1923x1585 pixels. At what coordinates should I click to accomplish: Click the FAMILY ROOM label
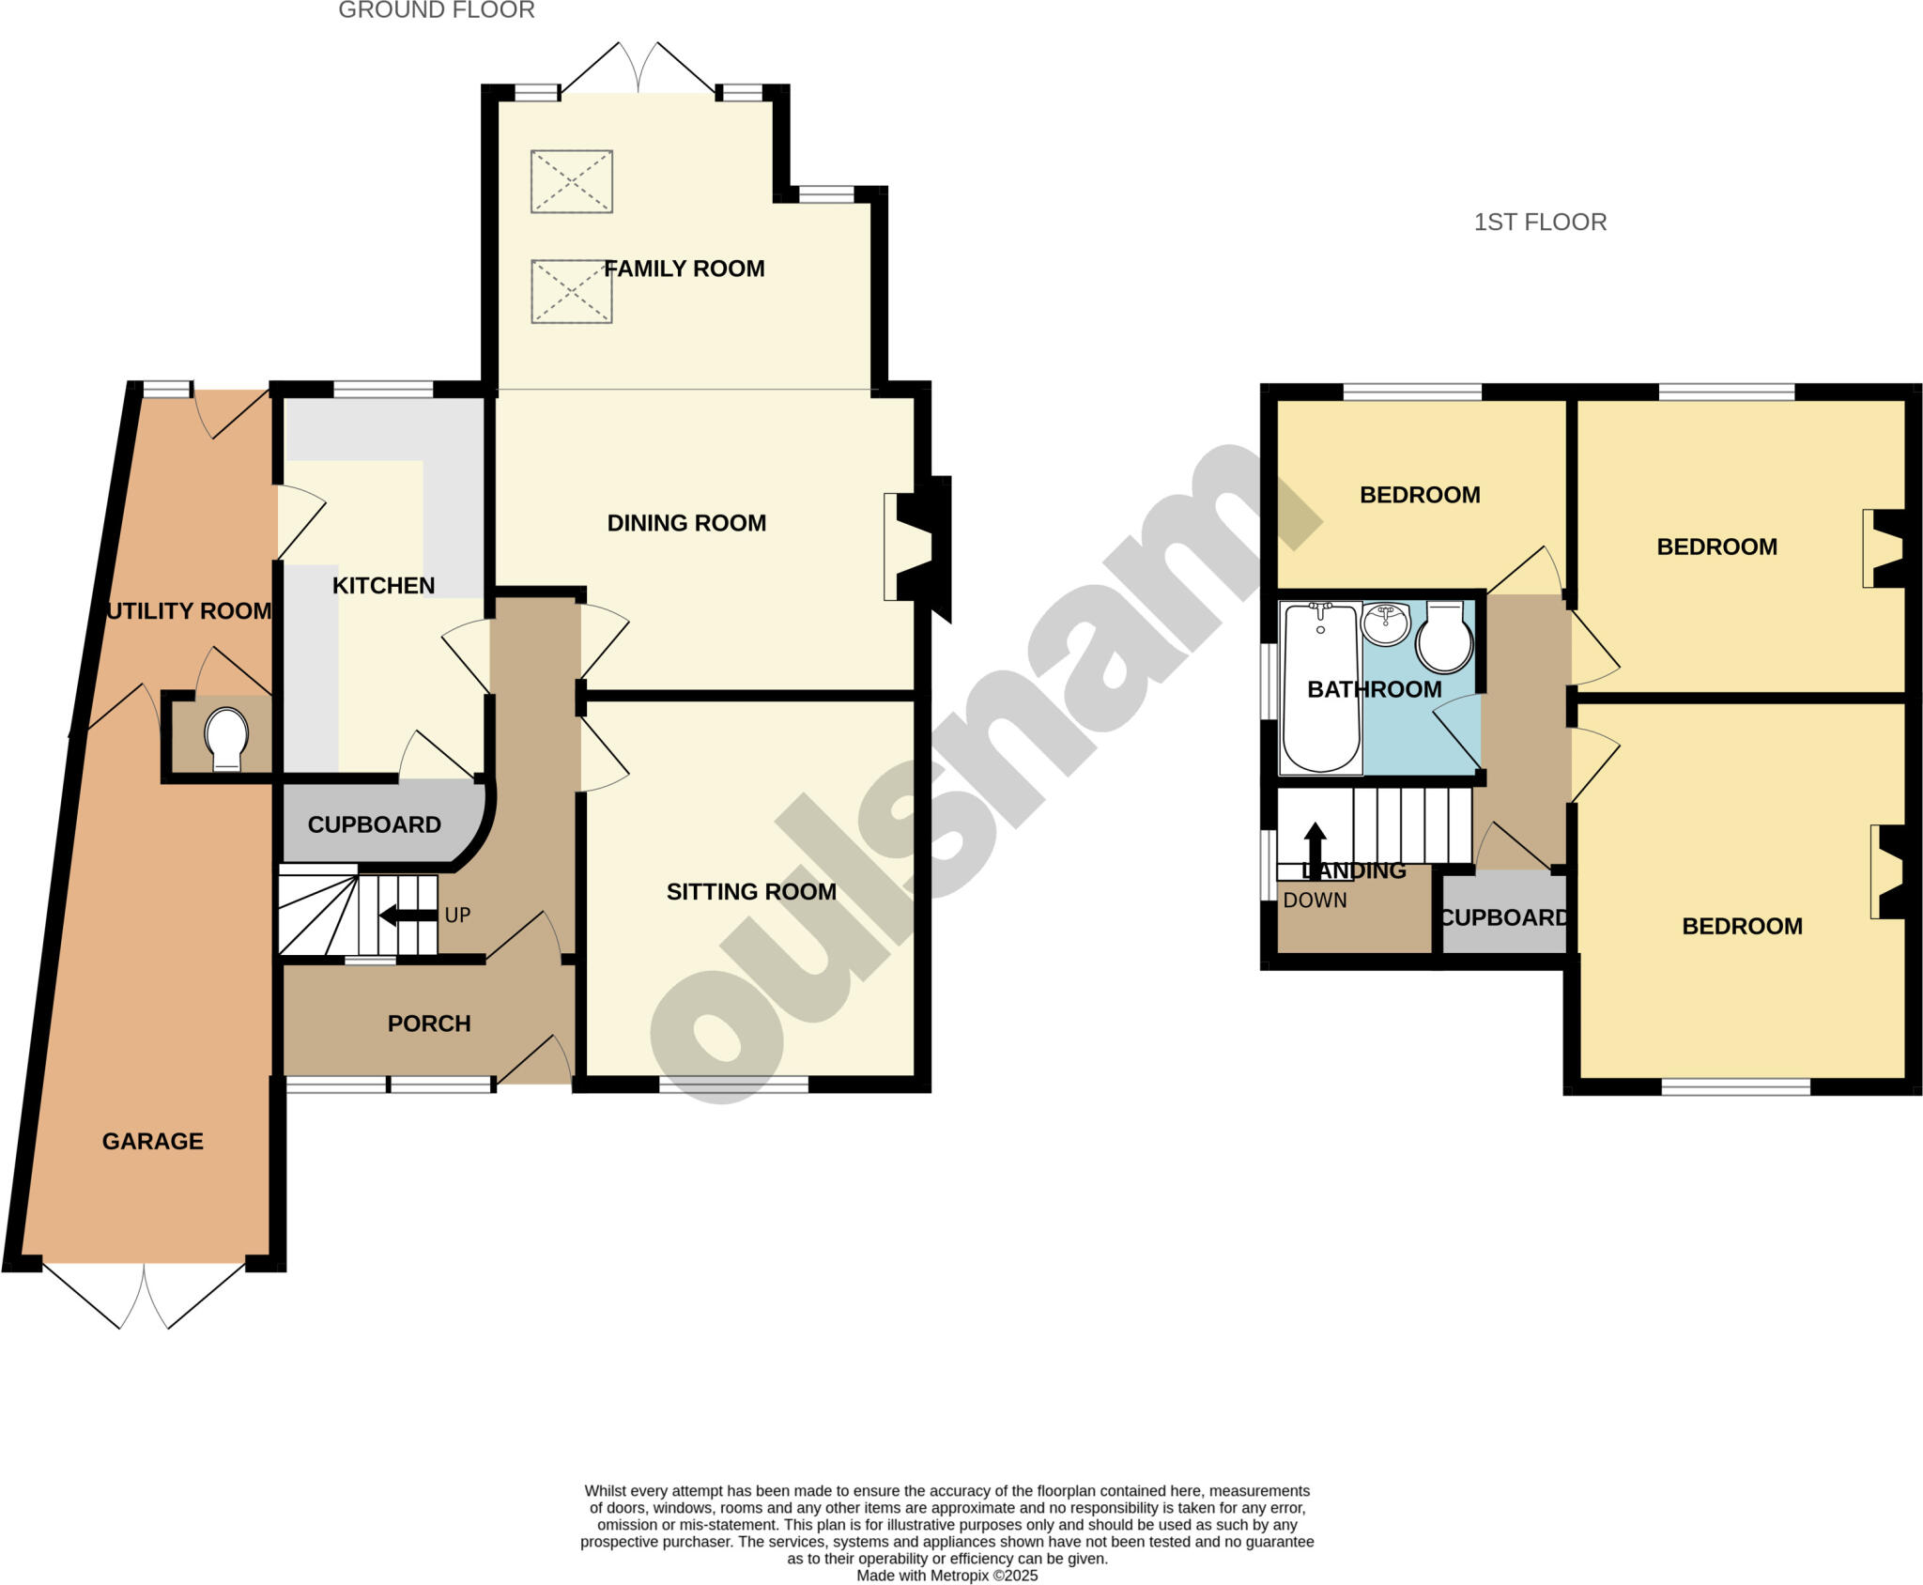click(684, 269)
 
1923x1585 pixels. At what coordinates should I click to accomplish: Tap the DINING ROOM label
click(686, 523)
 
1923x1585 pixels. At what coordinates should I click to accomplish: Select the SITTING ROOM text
click(751, 892)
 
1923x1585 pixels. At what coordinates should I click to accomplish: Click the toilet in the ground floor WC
click(226, 738)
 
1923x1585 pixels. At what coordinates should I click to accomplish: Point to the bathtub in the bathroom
click(1320, 687)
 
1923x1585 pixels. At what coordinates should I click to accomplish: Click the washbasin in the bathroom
click(1386, 623)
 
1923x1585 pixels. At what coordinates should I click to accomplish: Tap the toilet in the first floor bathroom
click(1444, 638)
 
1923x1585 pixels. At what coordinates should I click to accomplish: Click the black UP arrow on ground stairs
click(408, 916)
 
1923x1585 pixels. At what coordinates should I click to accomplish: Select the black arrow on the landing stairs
click(1315, 850)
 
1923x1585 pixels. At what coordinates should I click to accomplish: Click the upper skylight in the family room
click(572, 181)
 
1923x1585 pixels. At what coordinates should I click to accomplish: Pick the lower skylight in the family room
click(572, 292)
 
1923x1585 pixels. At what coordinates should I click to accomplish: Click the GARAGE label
click(152, 1141)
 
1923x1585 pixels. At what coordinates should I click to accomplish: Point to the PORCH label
click(429, 1023)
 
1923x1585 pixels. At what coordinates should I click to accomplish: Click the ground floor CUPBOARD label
click(374, 824)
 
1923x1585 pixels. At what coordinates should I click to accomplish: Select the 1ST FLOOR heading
click(1540, 223)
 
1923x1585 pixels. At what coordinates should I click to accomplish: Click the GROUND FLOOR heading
click(437, 10)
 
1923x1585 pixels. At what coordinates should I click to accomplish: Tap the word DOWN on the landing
click(1315, 900)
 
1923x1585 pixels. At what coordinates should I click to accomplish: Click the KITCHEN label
click(383, 586)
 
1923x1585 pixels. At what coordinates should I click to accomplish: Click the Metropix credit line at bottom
click(946, 1576)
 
